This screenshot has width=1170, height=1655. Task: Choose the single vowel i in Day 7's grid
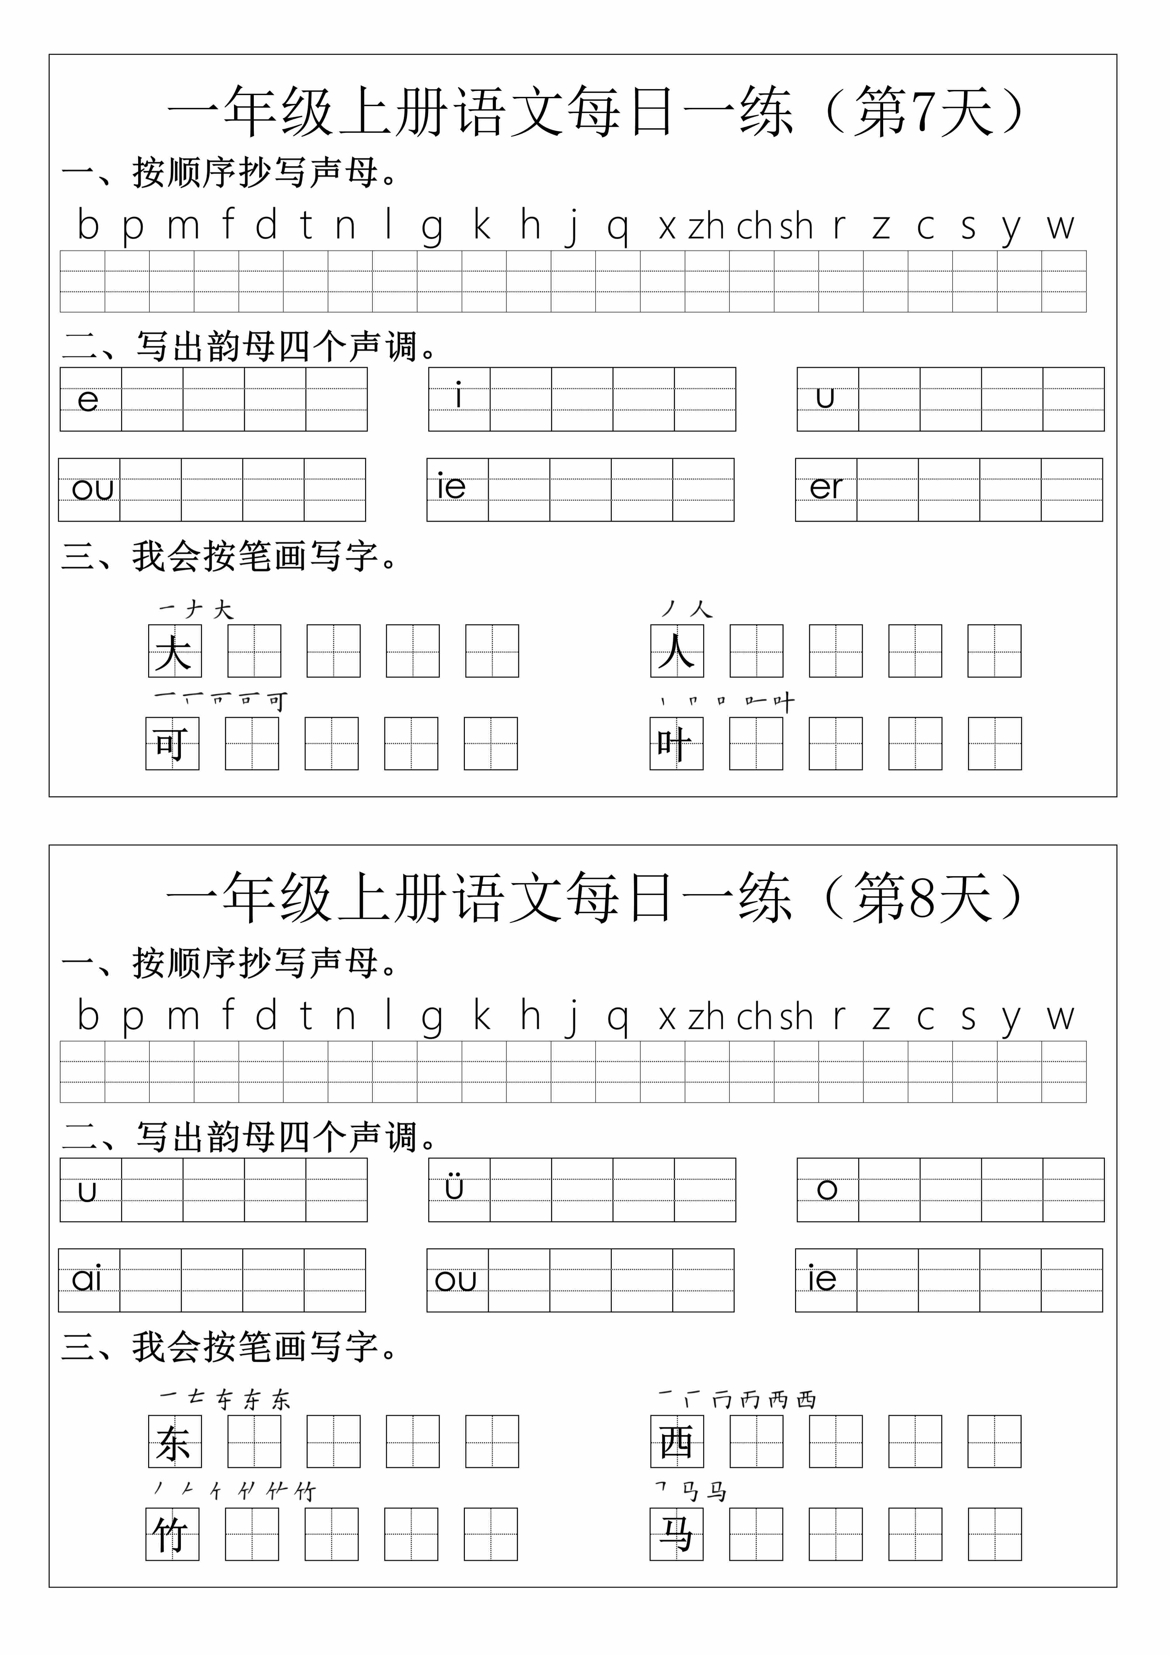[x=459, y=396]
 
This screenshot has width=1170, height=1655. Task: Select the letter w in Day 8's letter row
[x=1061, y=1017]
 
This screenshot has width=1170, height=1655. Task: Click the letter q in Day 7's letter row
[x=618, y=228]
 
